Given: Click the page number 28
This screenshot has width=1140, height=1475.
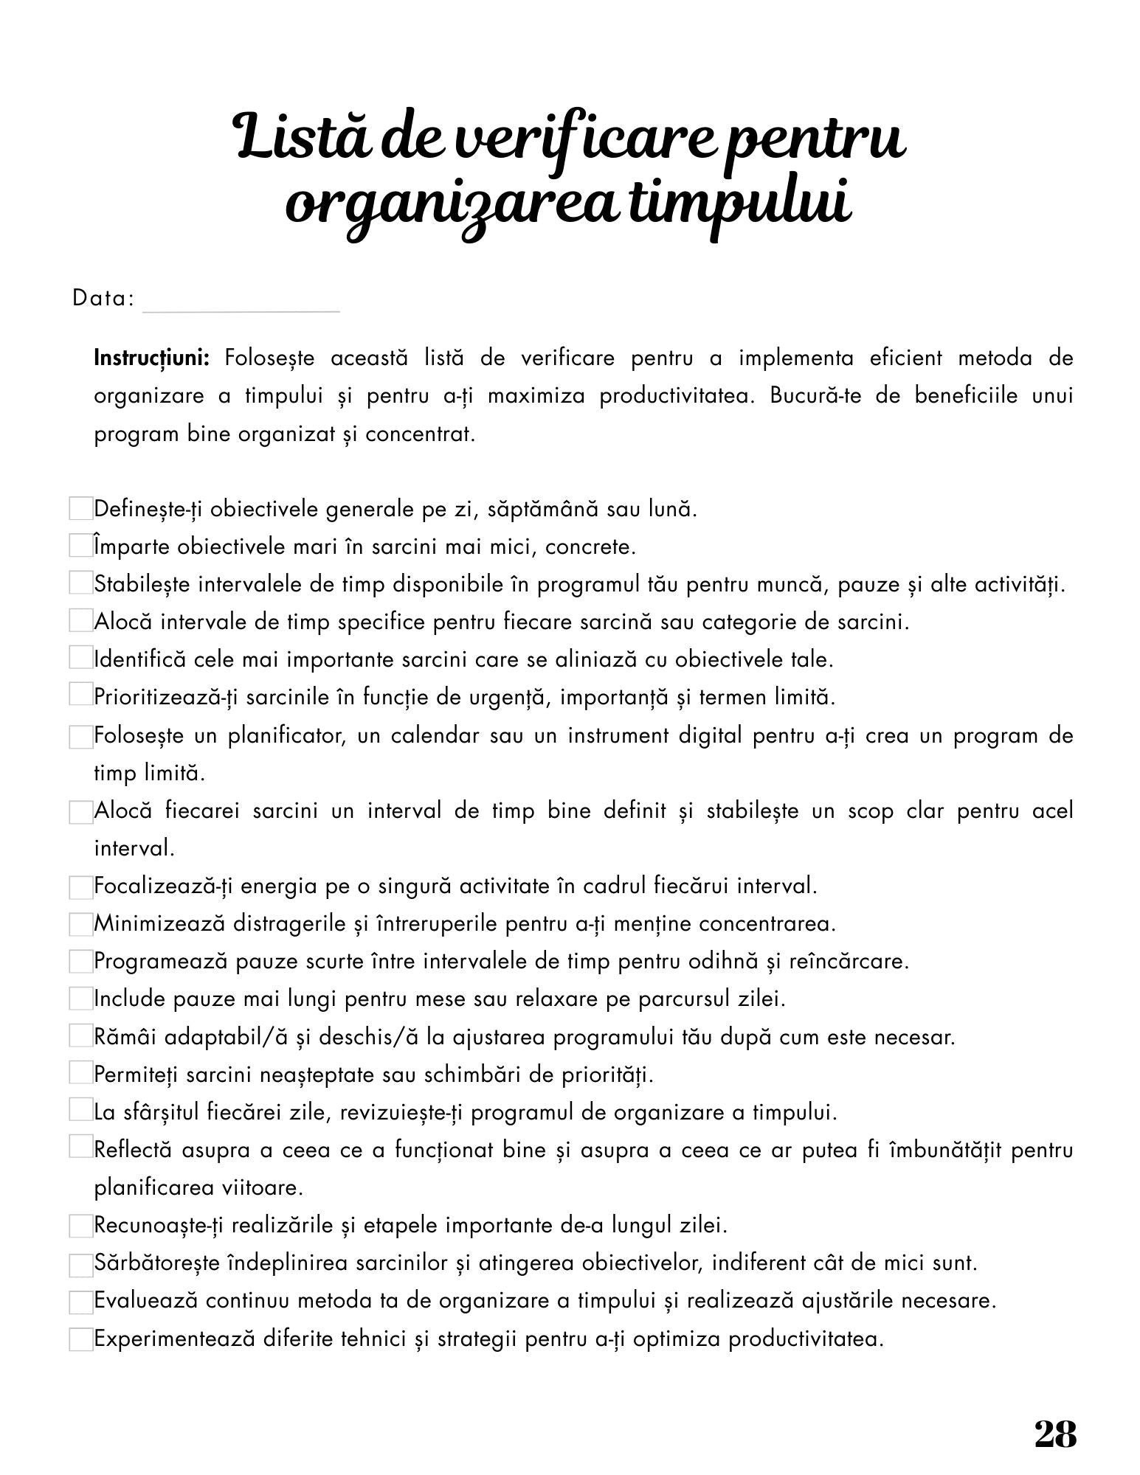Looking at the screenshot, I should click(x=1055, y=1434).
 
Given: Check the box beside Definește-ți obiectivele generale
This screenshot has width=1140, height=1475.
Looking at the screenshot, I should click(x=80, y=508).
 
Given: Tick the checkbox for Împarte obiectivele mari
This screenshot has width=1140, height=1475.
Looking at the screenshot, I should click(x=80, y=546).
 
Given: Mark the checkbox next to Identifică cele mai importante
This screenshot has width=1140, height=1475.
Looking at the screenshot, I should click(x=80, y=658).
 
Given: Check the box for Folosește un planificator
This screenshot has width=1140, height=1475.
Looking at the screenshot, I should click(x=80, y=737).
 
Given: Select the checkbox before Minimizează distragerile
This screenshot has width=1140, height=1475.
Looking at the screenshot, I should click(x=80, y=923).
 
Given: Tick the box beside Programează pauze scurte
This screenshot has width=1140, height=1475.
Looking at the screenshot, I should click(x=80, y=962).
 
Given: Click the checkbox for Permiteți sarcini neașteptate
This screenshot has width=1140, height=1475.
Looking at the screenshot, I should click(x=80, y=1074).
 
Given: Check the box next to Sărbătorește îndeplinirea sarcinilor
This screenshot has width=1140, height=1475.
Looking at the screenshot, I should click(x=80, y=1264).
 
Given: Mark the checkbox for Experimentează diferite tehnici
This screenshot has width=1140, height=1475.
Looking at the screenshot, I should click(x=80, y=1339).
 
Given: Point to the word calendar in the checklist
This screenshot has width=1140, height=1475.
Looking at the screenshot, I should click(x=418, y=736).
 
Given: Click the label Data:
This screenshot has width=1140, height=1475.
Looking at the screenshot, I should click(x=103, y=299).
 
